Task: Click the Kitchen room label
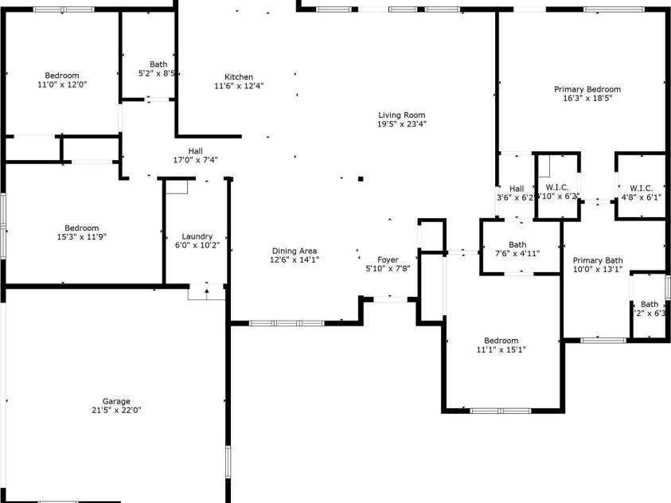pos(239,77)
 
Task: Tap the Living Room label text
pos(401,115)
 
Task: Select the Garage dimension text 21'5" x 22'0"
pos(116,410)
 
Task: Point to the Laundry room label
pos(197,236)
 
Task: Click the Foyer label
pos(388,259)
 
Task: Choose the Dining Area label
pos(294,251)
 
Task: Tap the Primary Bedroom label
pos(587,89)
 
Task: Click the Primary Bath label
pos(598,260)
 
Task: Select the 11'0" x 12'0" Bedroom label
pos(62,76)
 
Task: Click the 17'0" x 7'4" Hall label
pos(195,151)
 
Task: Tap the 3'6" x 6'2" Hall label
pos(517,188)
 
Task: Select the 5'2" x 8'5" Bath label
pos(158,64)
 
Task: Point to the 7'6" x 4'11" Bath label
pos(517,245)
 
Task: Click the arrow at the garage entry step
pos(206,291)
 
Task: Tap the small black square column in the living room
pos(361,179)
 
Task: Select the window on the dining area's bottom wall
pos(287,323)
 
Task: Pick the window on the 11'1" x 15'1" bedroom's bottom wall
pos(500,411)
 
